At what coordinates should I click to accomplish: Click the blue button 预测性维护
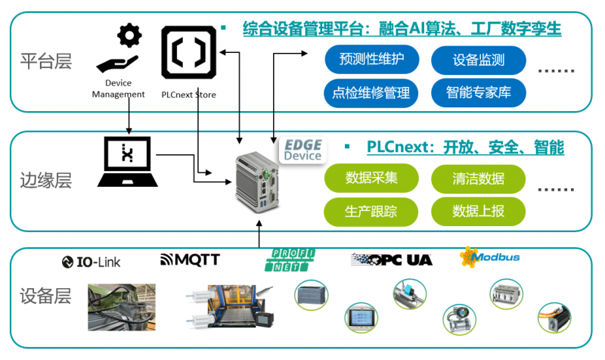tap(372, 58)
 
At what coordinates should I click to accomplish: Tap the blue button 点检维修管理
tap(371, 93)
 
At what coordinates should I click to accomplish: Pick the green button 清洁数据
tap(478, 178)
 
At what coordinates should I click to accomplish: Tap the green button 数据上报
tap(478, 211)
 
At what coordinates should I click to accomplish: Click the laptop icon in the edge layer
tap(128, 161)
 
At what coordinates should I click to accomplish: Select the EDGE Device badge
tap(302, 150)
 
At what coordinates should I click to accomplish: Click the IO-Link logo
tap(92, 262)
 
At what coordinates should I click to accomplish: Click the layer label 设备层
tap(46, 296)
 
